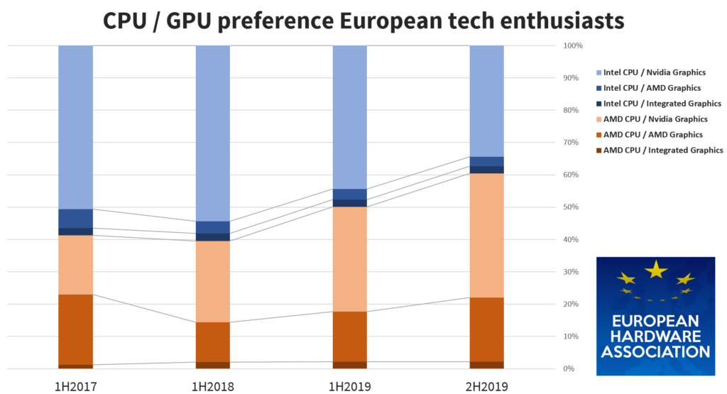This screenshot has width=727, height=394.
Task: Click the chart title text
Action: (363, 20)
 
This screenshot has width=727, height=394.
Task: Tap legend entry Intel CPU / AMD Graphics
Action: (652, 88)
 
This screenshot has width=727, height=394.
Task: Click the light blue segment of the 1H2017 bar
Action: (75, 128)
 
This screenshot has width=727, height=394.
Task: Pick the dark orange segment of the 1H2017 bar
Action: (75, 329)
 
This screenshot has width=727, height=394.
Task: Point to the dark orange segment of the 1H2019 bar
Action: (351, 336)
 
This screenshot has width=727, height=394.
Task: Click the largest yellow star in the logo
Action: (655, 269)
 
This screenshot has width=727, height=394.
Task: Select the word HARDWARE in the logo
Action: (655, 336)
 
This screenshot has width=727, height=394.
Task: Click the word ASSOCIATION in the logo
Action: (655, 351)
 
